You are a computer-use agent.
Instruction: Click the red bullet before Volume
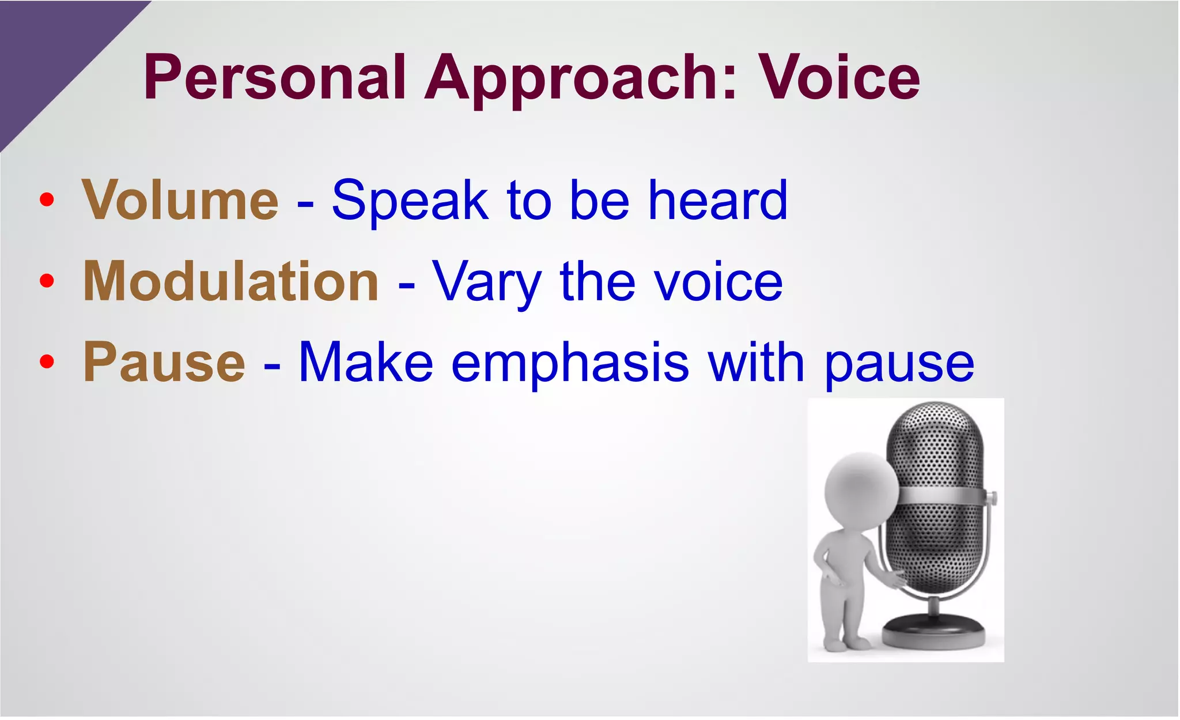[47, 200]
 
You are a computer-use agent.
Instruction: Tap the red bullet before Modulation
[47, 281]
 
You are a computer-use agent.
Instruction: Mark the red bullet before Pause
[47, 362]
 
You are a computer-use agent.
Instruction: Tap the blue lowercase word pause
[899, 366]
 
